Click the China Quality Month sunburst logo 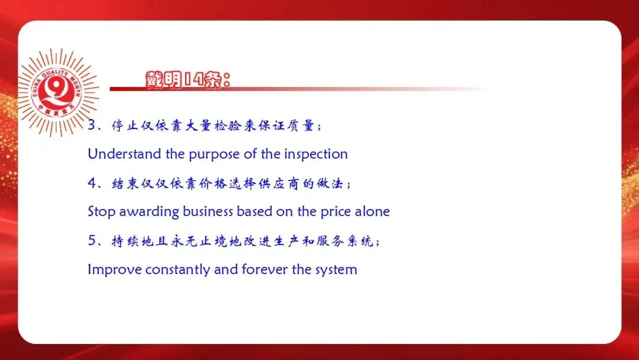point(57,92)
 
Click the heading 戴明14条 point(188,79)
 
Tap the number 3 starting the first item point(92,125)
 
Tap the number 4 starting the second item point(92,182)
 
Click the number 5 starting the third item point(92,240)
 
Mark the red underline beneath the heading point(298,89)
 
